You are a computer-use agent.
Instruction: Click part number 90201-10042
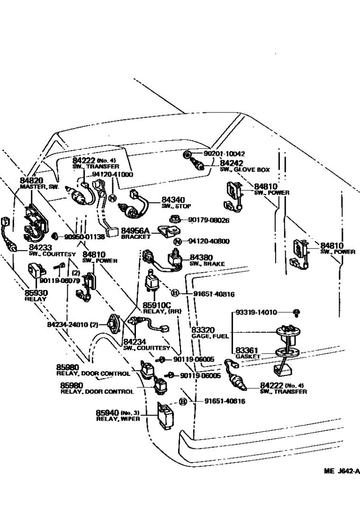pos(225,154)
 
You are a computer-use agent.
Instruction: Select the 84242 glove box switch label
pos(231,163)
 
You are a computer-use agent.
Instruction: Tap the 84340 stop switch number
pos(173,200)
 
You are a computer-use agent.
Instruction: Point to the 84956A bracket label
pos(135,231)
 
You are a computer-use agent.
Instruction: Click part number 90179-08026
pos(208,220)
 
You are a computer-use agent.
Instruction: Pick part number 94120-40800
pos(209,241)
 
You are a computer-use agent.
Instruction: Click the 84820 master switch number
pos(31,181)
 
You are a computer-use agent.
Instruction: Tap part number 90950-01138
pos(79,236)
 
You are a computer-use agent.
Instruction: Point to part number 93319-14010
pos(256,312)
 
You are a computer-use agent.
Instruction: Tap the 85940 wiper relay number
pos(108,413)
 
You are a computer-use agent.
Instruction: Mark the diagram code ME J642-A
pos(342,471)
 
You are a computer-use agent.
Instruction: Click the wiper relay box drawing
pos(165,416)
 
